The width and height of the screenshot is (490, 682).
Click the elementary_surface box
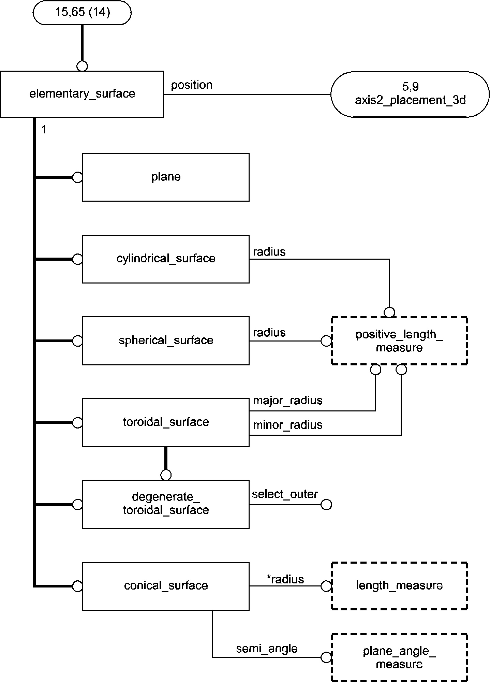click(82, 94)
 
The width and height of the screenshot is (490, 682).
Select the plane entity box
click(166, 177)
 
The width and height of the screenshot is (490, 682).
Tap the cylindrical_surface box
click(166, 259)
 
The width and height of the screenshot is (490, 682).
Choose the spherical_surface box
click(166, 340)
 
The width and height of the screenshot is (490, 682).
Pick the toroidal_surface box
click(166, 422)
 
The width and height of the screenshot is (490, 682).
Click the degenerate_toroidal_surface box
click(166, 504)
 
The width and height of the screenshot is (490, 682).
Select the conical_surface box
click(166, 586)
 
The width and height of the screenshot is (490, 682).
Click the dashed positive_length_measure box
click(399, 341)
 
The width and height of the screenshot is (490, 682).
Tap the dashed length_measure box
click(399, 586)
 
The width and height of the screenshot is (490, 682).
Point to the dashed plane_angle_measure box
click(399, 657)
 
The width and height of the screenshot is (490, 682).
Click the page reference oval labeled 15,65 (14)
click(82, 13)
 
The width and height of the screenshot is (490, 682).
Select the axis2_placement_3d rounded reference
click(410, 94)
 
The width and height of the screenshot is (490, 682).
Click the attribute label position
click(192, 85)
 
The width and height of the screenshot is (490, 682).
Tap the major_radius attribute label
click(287, 400)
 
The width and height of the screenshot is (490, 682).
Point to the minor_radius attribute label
click(287, 425)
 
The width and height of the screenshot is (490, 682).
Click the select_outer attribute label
click(285, 494)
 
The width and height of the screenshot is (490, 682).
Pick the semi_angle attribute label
click(267, 648)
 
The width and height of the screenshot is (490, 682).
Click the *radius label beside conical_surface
click(285, 579)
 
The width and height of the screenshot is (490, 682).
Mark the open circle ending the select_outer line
click(326, 505)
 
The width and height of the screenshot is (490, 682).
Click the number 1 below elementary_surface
click(44, 130)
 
